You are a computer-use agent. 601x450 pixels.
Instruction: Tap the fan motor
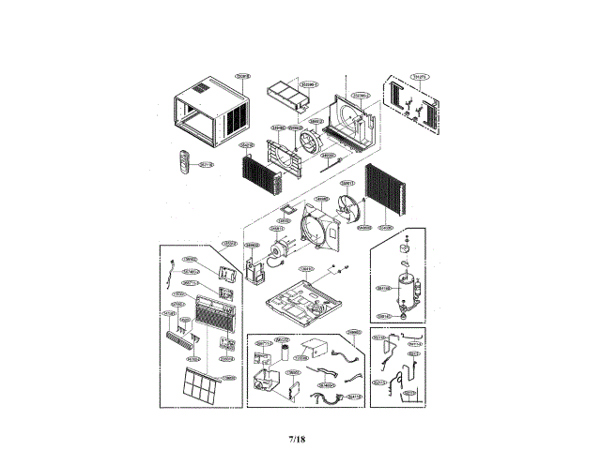pos(279,250)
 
